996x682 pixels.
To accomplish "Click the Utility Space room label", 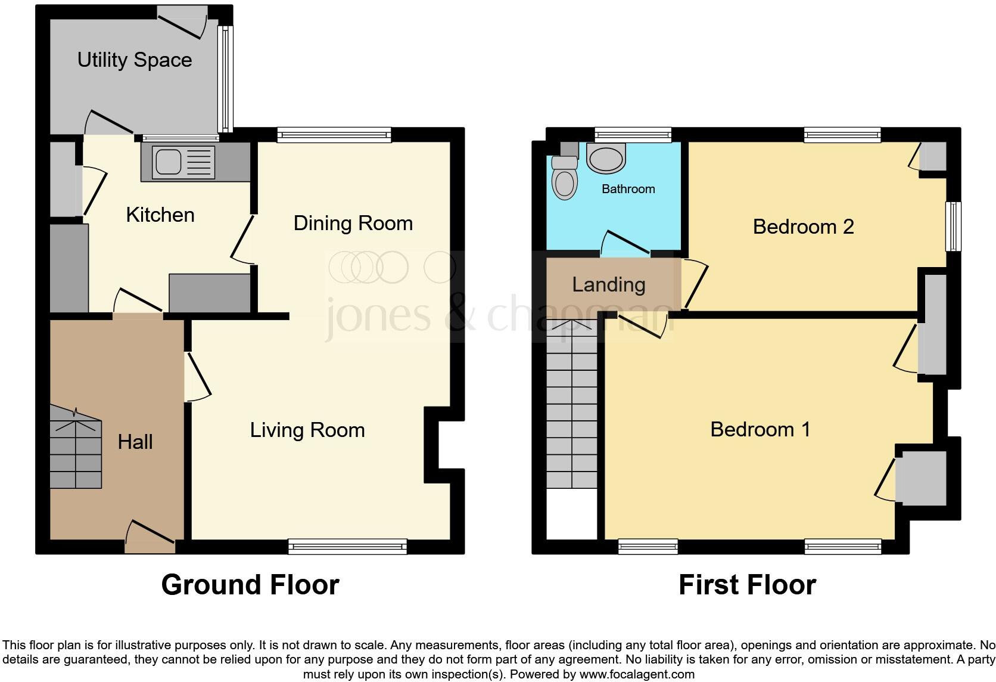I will tap(135, 60).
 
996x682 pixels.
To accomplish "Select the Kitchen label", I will tap(160, 215).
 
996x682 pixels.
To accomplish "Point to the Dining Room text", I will tap(353, 224).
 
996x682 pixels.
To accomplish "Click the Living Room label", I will tap(307, 430).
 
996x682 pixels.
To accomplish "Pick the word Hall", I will tap(135, 442).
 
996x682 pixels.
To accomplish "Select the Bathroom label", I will tap(628, 189).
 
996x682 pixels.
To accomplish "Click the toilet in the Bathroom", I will tap(564, 179).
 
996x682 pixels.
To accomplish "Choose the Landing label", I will tap(608, 285).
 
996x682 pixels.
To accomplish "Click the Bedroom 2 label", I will tap(803, 227).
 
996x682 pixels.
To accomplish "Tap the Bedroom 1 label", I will tap(760, 429).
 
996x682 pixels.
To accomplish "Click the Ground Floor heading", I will tap(250, 585).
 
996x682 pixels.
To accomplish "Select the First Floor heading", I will tap(747, 585).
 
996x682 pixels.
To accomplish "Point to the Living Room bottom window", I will tap(347, 545).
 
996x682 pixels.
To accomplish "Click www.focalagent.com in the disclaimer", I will tap(637, 675).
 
